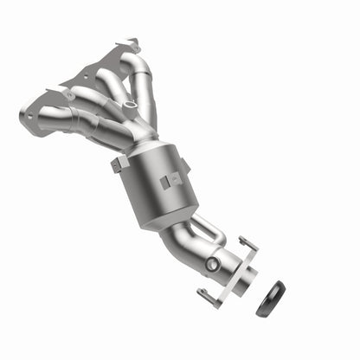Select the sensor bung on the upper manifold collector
click(130, 106)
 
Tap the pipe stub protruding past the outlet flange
click(247, 280)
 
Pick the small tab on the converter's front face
click(164, 184)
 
